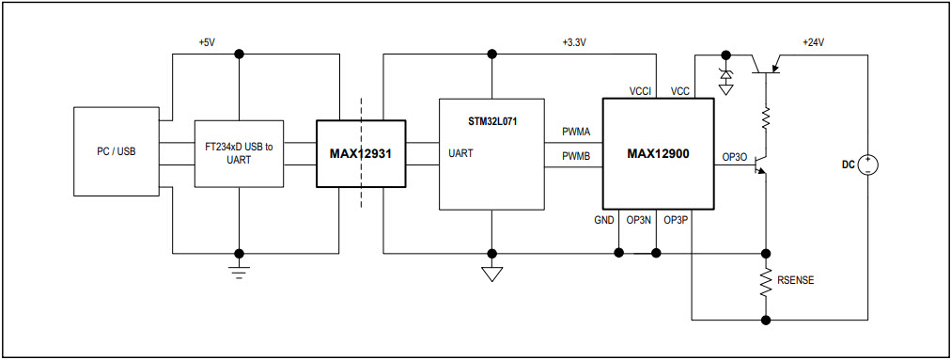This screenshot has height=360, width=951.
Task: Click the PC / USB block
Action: pyautogui.click(x=117, y=151)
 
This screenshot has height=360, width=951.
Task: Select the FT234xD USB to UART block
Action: pyautogui.click(x=239, y=152)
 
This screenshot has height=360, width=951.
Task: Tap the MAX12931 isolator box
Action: pyautogui.click(x=360, y=153)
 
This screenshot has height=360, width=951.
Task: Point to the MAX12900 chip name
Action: pyautogui.click(x=657, y=153)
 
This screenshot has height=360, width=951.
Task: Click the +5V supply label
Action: pyautogui.click(x=208, y=43)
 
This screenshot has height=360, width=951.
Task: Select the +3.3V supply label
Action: pyautogui.click(x=573, y=43)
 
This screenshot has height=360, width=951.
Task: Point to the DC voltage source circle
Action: pyautogui.click(x=867, y=164)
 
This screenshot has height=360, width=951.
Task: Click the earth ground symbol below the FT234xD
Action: pyautogui.click(x=239, y=273)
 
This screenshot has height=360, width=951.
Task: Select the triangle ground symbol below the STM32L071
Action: pyautogui.click(x=491, y=274)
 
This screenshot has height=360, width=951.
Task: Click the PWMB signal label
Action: pyautogui.click(x=576, y=156)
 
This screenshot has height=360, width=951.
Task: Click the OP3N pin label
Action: pyautogui.click(x=640, y=220)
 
